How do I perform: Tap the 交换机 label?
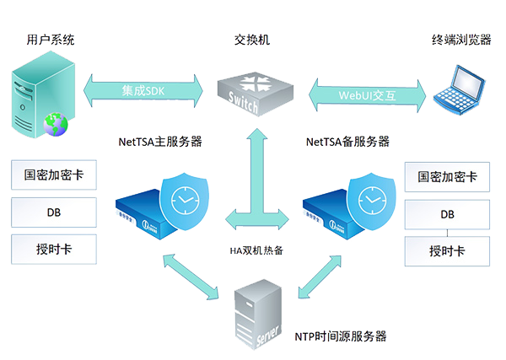[x=252, y=40]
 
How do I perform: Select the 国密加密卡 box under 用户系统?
[x=53, y=175]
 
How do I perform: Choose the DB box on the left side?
[x=53, y=212]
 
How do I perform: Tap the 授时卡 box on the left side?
[x=53, y=248]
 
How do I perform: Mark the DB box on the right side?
[x=447, y=214]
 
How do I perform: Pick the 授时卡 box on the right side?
[x=447, y=250]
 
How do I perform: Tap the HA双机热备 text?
[x=253, y=250]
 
